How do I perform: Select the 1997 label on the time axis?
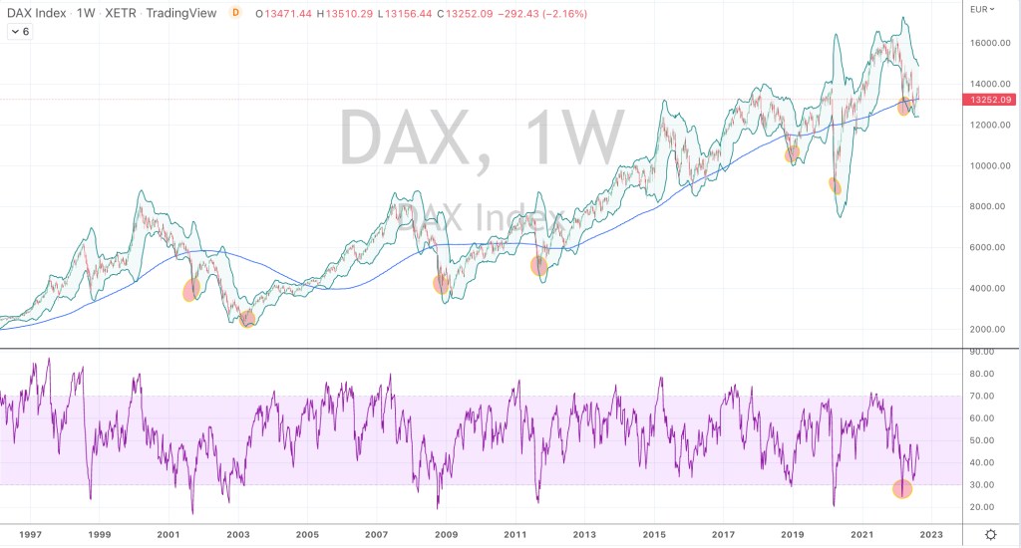coord(30,535)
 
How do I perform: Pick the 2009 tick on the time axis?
coord(446,535)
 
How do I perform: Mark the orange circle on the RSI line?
coord(902,488)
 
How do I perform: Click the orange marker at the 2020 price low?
coord(836,185)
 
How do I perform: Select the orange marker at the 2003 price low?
coord(247,319)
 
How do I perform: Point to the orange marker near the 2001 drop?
coord(191,290)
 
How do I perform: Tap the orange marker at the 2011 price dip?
coord(539,265)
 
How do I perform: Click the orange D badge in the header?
coord(234,14)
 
